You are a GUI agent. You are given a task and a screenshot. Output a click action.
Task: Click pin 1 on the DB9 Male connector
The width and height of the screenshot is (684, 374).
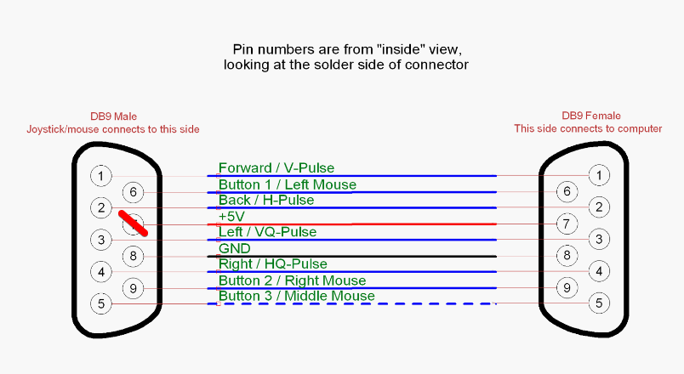[x=100, y=176]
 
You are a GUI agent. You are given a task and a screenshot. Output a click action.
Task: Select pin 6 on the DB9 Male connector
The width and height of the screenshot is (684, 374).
[x=133, y=192]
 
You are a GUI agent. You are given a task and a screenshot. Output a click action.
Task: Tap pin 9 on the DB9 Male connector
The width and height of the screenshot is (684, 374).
[x=133, y=288]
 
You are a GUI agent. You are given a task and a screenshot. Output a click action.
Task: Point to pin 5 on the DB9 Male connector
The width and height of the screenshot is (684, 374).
[x=100, y=303]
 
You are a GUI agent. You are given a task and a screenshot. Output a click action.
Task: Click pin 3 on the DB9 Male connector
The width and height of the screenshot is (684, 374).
[x=100, y=240]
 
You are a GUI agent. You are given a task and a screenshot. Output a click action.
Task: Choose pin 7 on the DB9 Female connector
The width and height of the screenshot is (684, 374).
[x=567, y=224]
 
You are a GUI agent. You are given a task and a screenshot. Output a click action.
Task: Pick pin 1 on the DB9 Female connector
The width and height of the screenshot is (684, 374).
[x=599, y=175]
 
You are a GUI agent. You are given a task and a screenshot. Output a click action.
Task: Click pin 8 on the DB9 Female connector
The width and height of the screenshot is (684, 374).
[x=567, y=256]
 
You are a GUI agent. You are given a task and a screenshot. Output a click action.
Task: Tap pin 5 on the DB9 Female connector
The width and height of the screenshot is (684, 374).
[x=599, y=303]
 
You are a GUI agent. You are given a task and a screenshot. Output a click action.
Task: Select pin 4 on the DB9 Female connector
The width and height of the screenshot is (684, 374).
[x=599, y=271]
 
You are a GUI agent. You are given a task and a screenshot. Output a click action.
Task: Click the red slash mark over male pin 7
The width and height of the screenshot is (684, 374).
[x=133, y=224]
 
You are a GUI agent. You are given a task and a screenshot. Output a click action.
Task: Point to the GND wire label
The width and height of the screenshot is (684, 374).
[x=234, y=248]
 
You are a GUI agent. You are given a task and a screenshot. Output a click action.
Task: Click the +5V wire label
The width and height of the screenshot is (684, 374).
[x=231, y=216]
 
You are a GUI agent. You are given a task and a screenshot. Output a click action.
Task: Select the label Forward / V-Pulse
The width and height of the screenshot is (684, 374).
[x=276, y=167]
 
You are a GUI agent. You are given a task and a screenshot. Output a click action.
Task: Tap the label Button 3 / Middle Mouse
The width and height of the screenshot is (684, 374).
[x=297, y=296]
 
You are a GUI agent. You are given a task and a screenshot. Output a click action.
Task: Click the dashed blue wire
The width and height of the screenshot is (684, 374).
[x=351, y=303]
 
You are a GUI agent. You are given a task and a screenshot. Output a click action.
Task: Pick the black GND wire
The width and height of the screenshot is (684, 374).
[x=351, y=257]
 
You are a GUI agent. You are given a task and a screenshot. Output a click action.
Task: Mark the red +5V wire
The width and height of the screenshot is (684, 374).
[x=351, y=224]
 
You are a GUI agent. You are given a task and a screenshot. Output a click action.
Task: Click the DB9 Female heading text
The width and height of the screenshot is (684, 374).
[x=591, y=116]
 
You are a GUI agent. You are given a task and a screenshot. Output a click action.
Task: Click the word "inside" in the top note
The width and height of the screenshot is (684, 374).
[x=405, y=49]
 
